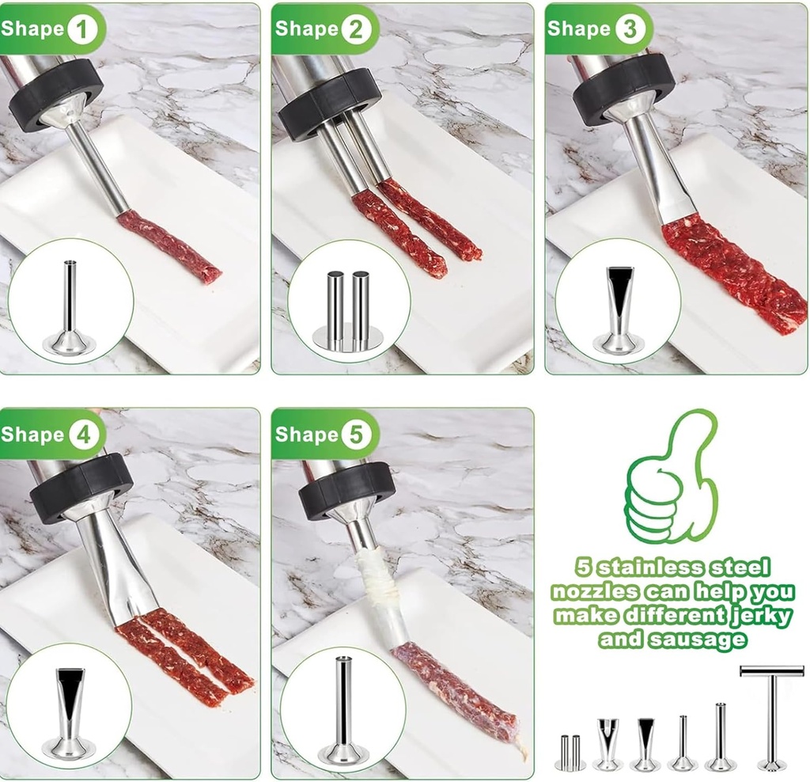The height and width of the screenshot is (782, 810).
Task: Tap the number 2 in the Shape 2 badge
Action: pyautogui.click(x=356, y=29)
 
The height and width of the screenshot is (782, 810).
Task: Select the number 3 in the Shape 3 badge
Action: pyautogui.click(x=630, y=29)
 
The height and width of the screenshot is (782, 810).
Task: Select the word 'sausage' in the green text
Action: pyautogui.click(x=698, y=640)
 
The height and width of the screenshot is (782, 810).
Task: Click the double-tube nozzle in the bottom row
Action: pyautogui.click(x=570, y=751)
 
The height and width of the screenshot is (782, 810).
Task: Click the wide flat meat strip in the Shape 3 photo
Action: pyautogui.click(x=733, y=271)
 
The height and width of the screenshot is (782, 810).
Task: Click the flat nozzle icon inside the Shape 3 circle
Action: pyautogui.click(x=619, y=310)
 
